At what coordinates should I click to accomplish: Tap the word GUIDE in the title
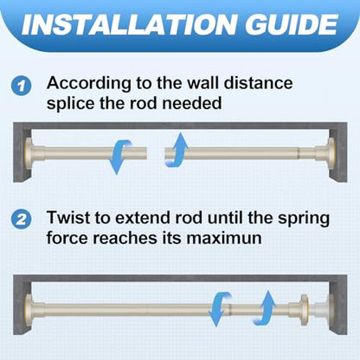coord(292,24)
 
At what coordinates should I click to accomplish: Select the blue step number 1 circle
coord(21,87)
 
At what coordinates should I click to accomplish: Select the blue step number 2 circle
coord(21,220)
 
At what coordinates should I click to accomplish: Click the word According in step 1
coord(89,84)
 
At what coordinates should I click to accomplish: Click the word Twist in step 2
coord(68,217)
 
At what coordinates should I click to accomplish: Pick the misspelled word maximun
coord(224,238)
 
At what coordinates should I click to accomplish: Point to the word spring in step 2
coord(304,219)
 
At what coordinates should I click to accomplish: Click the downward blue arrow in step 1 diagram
coord(119,156)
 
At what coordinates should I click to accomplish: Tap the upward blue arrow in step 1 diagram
coord(177,150)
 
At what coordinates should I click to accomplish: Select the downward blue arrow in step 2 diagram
coord(219,309)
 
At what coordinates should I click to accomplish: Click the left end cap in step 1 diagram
coord(29,153)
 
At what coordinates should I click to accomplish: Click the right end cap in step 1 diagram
coord(331,153)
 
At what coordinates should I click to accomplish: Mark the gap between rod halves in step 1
coord(156,153)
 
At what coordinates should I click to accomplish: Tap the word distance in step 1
coord(259,83)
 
